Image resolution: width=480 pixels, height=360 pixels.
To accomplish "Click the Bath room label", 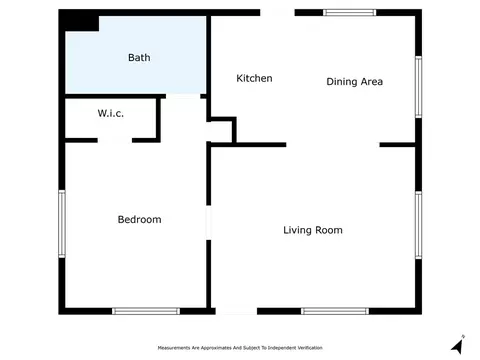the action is click(x=139, y=58).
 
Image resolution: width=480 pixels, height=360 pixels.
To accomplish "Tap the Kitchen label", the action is click(x=254, y=78).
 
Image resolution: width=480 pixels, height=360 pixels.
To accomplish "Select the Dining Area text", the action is click(x=354, y=82).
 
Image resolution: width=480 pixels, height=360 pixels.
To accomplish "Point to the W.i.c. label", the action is click(x=111, y=113).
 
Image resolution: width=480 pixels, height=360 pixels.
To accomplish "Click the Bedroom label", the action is click(x=139, y=219).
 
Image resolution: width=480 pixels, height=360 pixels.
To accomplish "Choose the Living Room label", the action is click(x=313, y=230).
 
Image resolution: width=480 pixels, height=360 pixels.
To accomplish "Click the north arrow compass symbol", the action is click(x=458, y=345).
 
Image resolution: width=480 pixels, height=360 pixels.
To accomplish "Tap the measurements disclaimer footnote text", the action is click(x=240, y=348).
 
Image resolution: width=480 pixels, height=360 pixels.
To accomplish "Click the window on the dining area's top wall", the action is click(x=349, y=13).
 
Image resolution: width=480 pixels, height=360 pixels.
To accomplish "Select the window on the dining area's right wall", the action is click(x=418, y=87).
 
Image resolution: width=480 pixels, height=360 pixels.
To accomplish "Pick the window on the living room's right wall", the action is click(x=418, y=225).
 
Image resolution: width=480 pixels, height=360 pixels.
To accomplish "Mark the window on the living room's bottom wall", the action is click(x=335, y=311).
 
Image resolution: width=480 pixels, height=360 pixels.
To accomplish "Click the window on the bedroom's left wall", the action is click(x=62, y=224).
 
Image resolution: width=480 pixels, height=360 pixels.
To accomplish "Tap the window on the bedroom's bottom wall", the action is click(x=146, y=311).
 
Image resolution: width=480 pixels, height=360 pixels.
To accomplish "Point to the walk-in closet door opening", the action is click(x=115, y=140).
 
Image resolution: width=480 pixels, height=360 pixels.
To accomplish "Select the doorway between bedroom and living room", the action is click(x=209, y=223).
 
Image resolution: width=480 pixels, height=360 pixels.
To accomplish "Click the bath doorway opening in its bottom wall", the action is click(x=183, y=96).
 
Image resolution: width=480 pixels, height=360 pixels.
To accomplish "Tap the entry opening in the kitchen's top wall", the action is click(x=277, y=13).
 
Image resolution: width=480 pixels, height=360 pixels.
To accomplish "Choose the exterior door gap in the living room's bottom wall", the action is click(x=236, y=311).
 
